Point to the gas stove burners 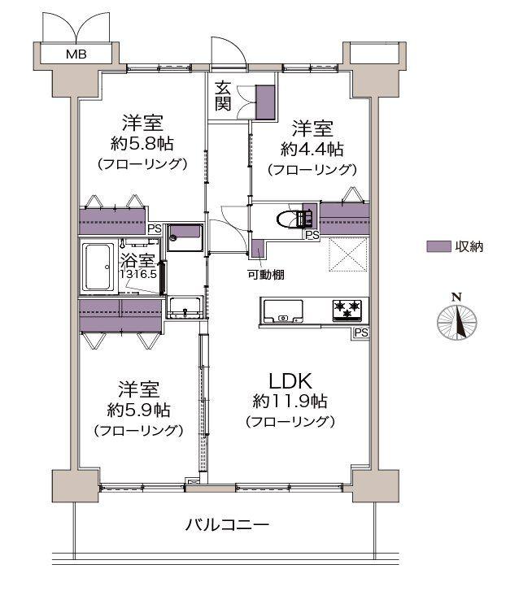click(x=347, y=309)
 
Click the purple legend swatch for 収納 click(x=438, y=245)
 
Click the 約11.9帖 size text click(x=290, y=401)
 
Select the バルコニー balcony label click(x=227, y=524)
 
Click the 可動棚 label click(x=266, y=274)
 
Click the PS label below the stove click(x=361, y=332)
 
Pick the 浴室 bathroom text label click(x=137, y=261)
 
